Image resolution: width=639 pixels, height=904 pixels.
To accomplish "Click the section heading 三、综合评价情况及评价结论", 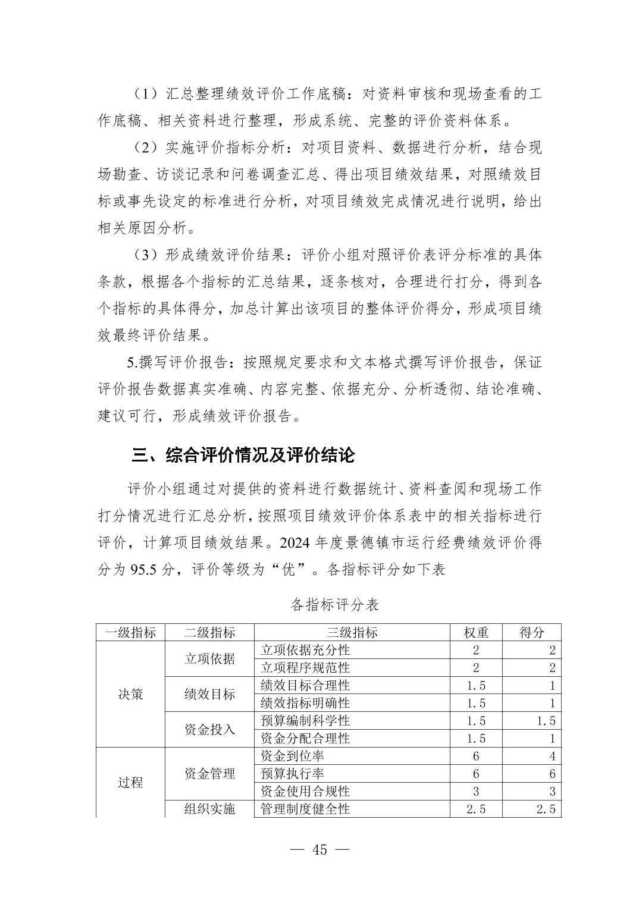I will pos(243,456).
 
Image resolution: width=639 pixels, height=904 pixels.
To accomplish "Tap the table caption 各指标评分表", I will pos(335,605).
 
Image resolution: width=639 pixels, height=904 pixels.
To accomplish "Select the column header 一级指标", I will pos(130,632).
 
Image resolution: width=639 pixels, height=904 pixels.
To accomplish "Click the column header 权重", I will pos(476,632).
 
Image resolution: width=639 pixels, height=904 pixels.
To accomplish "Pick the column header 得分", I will pos(531,632).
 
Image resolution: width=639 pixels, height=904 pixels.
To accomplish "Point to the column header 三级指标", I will pos(352,632).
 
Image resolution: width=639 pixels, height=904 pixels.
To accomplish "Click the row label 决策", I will pos(130,694).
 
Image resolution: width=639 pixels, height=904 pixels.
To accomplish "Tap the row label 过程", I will pos(130,782).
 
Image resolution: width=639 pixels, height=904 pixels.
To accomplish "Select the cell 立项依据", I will pos(209,658).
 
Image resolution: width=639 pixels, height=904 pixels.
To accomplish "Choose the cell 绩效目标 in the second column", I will pos(209,694).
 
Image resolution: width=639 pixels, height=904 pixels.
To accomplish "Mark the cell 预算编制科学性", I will pos(305,721).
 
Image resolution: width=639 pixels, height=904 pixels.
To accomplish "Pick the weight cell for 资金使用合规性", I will pos(476,791).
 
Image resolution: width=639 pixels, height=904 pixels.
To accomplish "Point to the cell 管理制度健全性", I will pos(305,809).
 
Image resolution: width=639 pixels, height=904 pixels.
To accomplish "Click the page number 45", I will pos(319,849).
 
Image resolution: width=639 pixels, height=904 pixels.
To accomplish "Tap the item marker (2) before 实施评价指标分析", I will pos(145,147).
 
